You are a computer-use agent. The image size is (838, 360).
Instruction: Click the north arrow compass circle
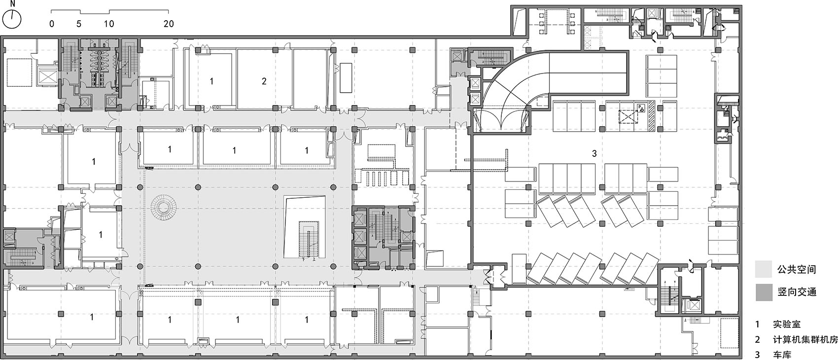[x=12, y=19]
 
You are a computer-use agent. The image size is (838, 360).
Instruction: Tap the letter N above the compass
[x=13, y=4]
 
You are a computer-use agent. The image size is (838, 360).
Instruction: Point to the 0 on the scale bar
[x=52, y=24]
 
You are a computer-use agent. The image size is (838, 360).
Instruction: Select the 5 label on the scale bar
[x=79, y=24]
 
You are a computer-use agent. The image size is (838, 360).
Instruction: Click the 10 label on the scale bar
[x=109, y=24]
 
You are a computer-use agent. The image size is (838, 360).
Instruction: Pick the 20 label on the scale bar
[x=169, y=24]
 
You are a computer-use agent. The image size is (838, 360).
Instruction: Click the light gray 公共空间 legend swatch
[x=764, y=269]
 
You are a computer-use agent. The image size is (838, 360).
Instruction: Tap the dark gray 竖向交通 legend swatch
[x=764, y=292]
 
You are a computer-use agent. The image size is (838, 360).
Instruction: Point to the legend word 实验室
[x=787, y=324]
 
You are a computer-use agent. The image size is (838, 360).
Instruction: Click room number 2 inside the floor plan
[x=264, y=81]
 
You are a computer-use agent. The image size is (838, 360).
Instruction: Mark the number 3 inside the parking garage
[x=594, y=153]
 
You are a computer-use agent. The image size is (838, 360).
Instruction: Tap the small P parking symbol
[x=640, y=108]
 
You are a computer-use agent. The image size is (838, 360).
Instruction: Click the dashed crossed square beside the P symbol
[x=628, y=117]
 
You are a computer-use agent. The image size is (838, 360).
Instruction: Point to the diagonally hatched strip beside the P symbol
[x=651, y=116]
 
